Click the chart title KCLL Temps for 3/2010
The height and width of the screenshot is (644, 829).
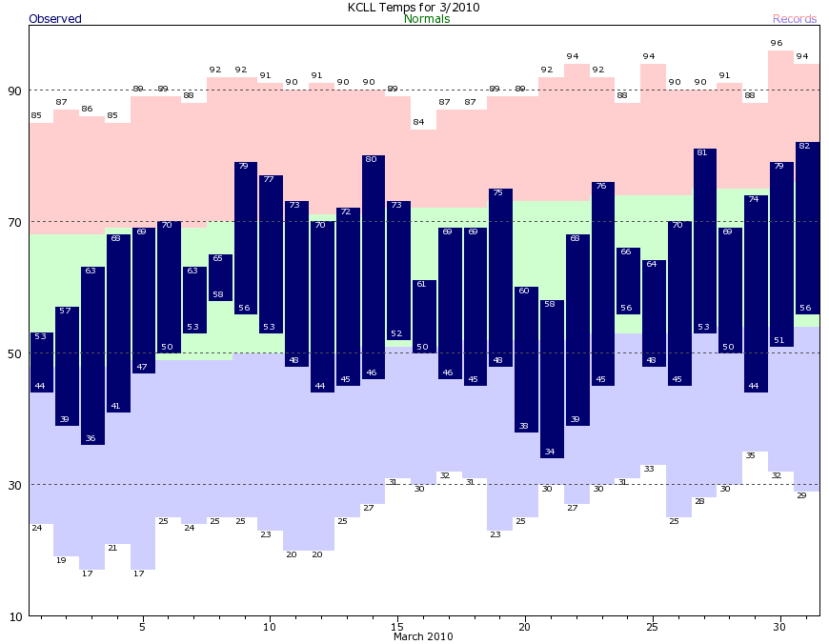pos(414,7)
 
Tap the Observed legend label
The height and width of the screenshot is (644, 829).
pos(55,19)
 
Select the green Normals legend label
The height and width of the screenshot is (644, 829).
pos(427,19)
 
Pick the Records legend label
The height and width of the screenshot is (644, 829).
pos(794,19)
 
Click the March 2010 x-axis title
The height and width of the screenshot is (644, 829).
pos(423,636)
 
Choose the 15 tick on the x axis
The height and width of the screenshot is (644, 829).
pos(397,627)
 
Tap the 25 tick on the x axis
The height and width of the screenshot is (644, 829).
pos(653,627)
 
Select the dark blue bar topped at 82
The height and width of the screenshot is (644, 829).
pos(807,229)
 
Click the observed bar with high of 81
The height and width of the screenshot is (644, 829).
pos(705,243)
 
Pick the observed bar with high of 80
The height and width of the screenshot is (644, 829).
pos(373,267)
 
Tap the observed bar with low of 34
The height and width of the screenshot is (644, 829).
pos(552,381)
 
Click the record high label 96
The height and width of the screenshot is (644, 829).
pos(776,43)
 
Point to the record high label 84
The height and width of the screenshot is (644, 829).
pos(417,122)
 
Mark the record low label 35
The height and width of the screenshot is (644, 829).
pos(751,455)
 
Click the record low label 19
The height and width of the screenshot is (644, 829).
pos(62,560)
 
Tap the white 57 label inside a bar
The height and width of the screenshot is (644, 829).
pos(65,312)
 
